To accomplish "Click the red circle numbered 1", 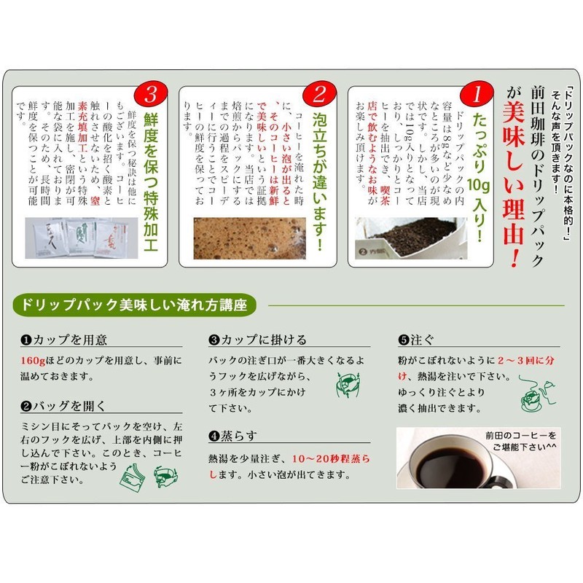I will click(x=477, y=94).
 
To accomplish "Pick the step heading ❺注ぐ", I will click(x=412, y=340).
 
